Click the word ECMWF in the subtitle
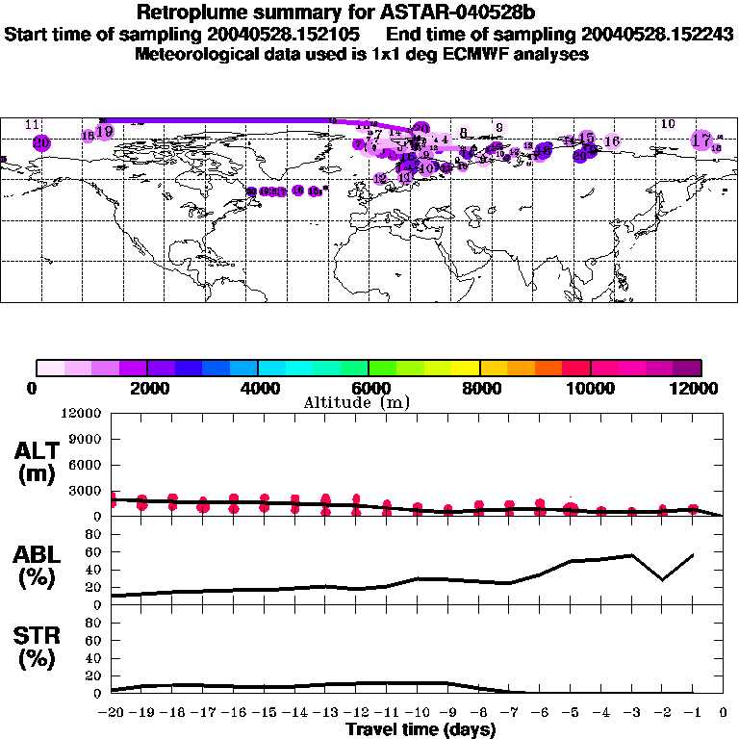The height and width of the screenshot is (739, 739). coord(475,55)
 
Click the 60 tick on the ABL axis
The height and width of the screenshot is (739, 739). coord(92,551)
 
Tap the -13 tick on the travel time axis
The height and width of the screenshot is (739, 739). coord(325,712)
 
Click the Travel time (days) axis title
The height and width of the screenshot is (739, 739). coord(420,729)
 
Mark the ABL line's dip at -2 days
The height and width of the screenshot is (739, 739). coord(661,579)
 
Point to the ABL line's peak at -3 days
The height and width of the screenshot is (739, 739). coord(631,555)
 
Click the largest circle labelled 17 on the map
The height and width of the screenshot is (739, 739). coord(701,140)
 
